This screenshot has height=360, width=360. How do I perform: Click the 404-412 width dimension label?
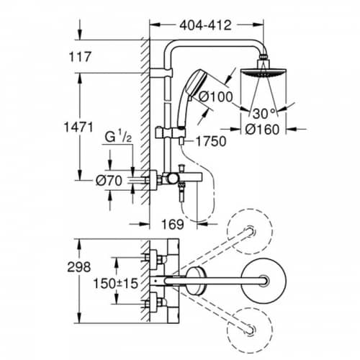pos(205,25)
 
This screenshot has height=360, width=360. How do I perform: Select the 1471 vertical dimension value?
pos(78,127)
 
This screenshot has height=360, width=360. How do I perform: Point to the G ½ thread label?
pos(118,137)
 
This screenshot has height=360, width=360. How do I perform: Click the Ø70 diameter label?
pos(109,180)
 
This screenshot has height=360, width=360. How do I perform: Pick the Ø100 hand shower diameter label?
pos(216,96)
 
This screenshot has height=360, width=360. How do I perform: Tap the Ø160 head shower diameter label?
pos(262,130)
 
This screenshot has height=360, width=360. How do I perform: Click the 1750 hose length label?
pos(211,141)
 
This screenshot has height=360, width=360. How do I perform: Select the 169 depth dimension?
pos(173,225)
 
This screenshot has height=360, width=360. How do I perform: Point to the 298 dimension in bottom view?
pos(79,267)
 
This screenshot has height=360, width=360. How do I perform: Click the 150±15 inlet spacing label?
pos(116,283)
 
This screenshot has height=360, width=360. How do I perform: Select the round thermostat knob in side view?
pos(172,179)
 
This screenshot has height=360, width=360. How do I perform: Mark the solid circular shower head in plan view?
pos(264,281)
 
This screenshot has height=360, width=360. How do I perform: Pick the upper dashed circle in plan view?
pos(250,231)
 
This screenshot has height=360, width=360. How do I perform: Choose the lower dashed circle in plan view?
pos(250,330)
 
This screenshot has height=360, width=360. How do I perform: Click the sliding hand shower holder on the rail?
pos(170,132)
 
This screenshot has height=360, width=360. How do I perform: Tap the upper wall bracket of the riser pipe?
pos(161,73)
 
